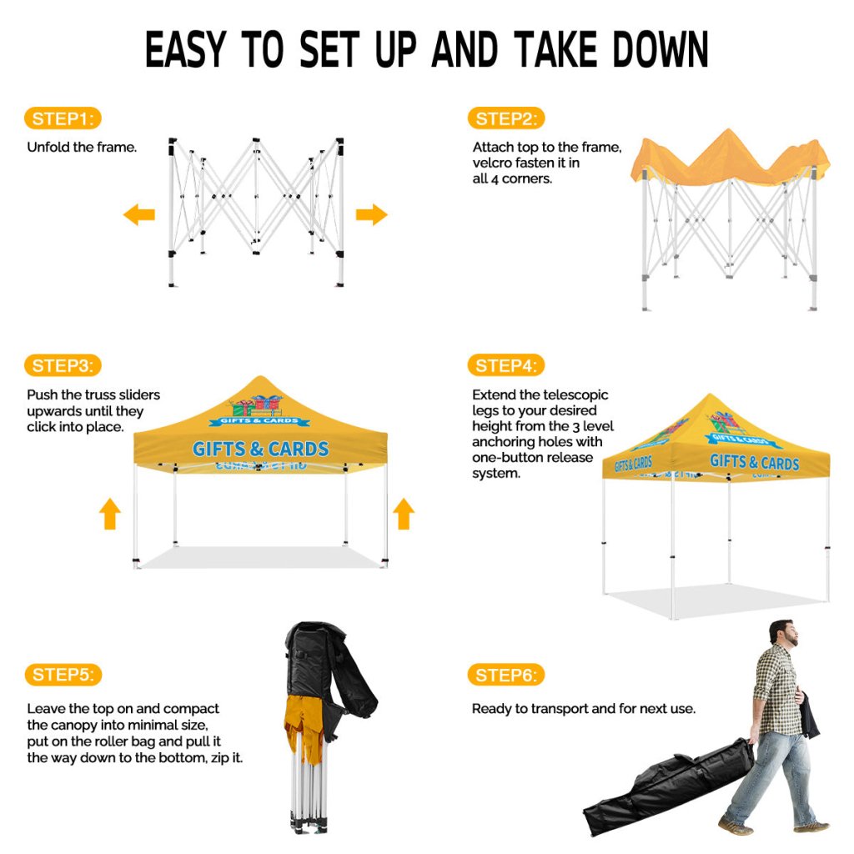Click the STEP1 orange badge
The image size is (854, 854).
coord(63,118)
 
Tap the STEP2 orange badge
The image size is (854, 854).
coord(506,118)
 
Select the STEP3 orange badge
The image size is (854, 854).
coord(63,365)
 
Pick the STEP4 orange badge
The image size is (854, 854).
coord(506,365)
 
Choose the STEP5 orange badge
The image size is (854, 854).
coord(63,675)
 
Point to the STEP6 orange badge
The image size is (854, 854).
coord(506,675)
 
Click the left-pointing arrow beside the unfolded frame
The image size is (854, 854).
coord(139,214)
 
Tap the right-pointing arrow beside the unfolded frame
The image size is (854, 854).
coord(372,214)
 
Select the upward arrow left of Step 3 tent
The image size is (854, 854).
coord(110,514)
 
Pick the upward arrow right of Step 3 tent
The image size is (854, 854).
coord(404,514)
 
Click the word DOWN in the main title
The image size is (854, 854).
coord(660,49)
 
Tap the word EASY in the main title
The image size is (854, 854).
coord(185,49)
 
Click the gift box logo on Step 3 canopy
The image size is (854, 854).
coord(257,406)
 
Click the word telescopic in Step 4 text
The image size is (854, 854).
coord(575,394)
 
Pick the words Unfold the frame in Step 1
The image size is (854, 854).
coord(82,147)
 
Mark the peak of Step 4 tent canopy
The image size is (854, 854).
coord(709,394)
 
